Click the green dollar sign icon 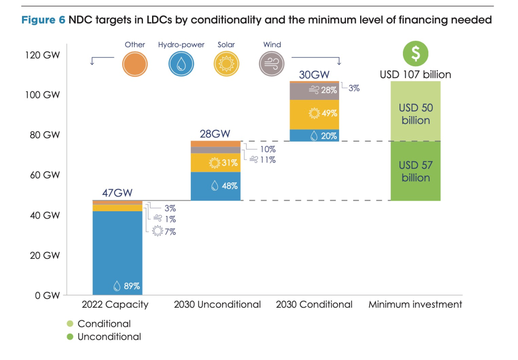(x=415, y=53)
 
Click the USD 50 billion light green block (x=415, y=114)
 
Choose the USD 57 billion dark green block (x=415, y=171)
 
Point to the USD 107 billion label (x=415, y=74)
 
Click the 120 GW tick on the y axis (x=43, y=55)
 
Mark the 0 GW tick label (x=47, y=296)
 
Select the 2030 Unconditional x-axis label (x=217, y=304)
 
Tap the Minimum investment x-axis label (x=415, y=304)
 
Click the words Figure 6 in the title (x=43, y=20)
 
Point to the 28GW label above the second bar (x=215, y=134)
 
